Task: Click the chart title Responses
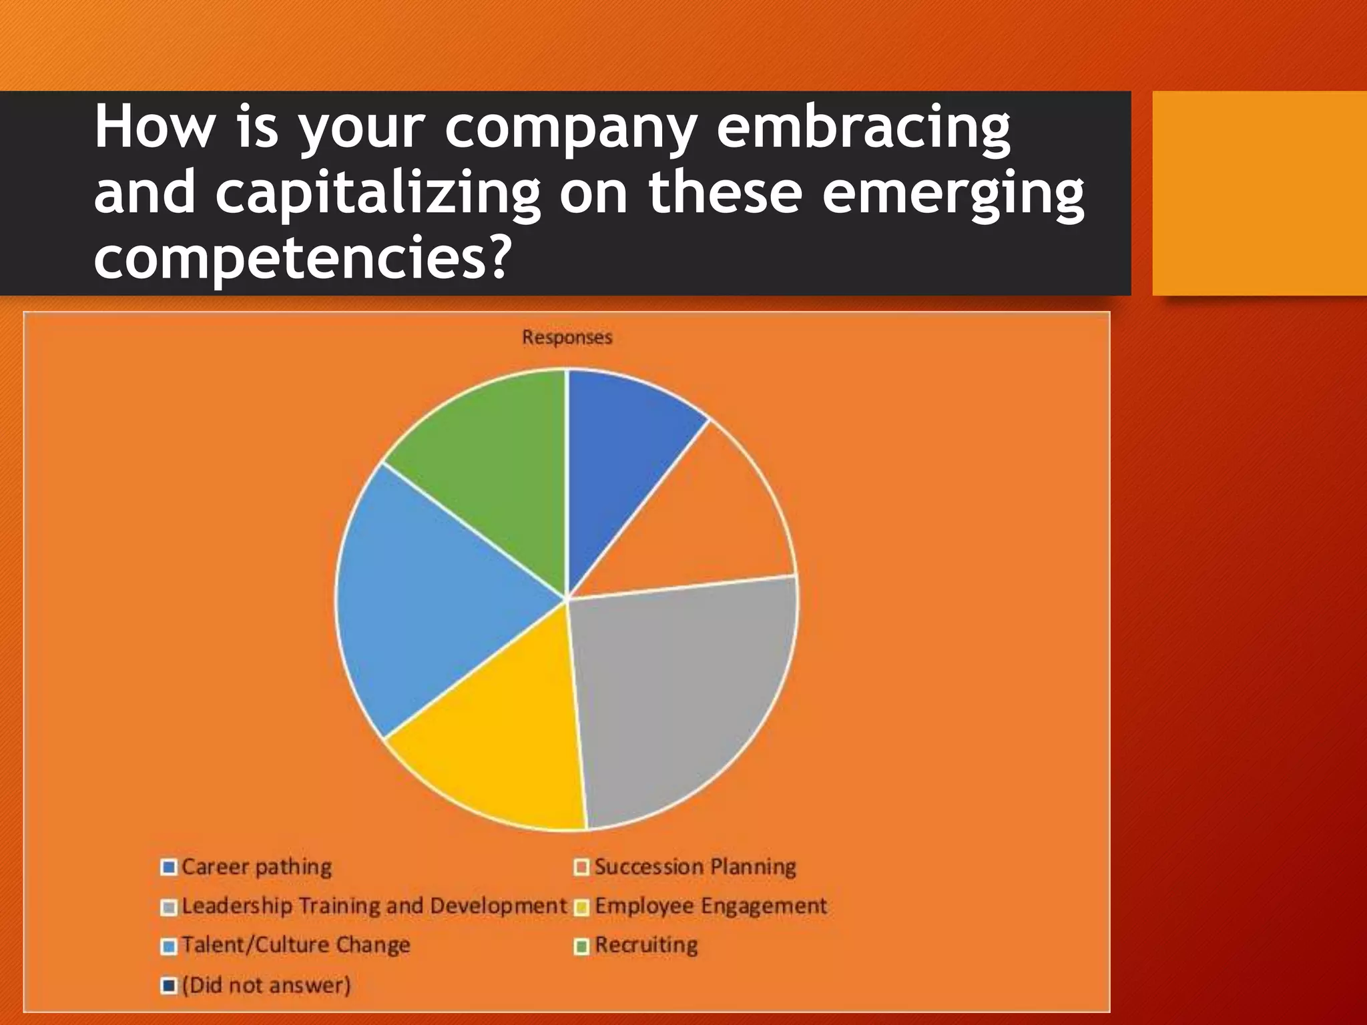pos(567,337)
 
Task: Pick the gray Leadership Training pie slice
pos(681,694)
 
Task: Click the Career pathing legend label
pos(256,867)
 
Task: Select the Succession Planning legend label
pos(695,867)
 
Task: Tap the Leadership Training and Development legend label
pos(374,906)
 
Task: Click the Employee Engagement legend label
pos(710,906)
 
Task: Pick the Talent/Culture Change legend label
pos(296,945)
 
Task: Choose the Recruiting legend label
pos(646,945)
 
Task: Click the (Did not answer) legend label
pos(266,985)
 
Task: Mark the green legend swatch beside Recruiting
pos(581,946)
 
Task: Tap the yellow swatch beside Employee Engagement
pos(581,908)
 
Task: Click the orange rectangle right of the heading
pos(1260,194)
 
